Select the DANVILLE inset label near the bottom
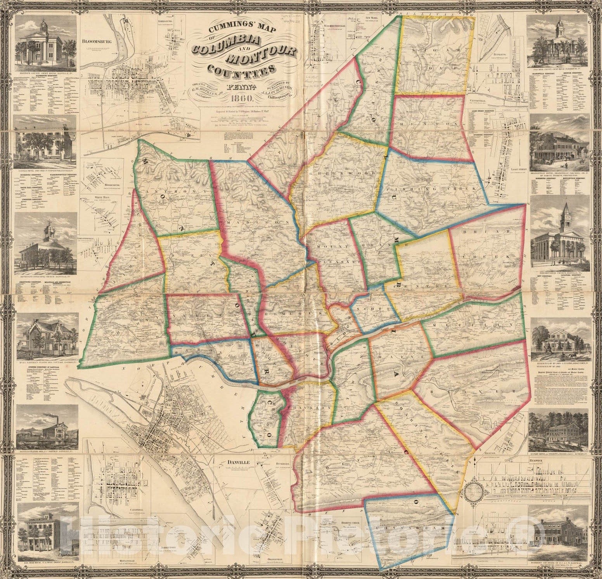tap(239, 463)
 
